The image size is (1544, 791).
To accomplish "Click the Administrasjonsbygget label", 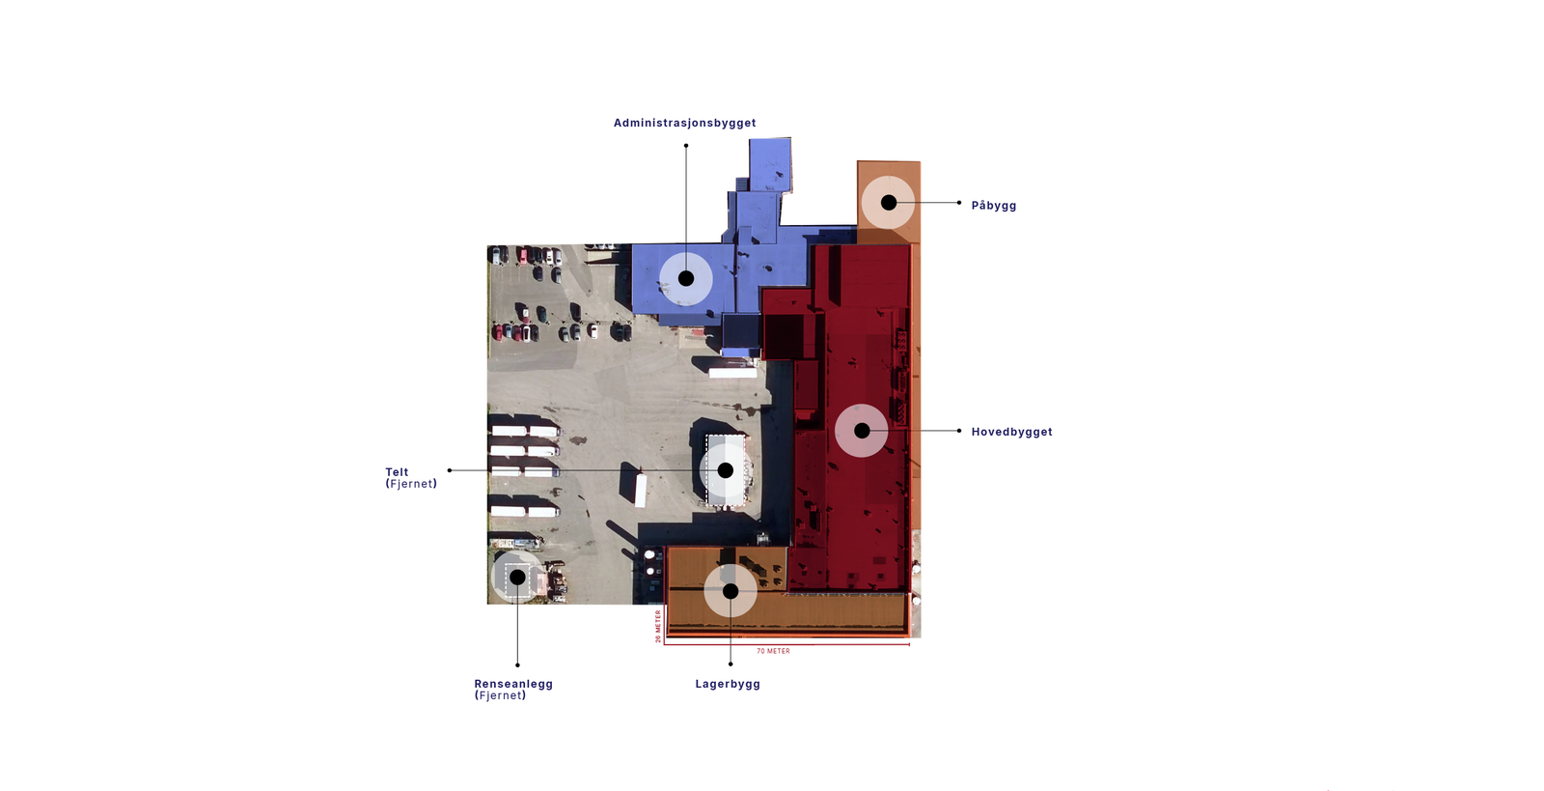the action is (x=684, y=123).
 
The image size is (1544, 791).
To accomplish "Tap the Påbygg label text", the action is (x=993, y=206).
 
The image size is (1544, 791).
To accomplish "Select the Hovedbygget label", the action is (x=1011, y=432).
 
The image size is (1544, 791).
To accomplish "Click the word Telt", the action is (x=397, y=471).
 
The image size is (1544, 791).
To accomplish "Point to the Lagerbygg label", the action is (x=728, y=684).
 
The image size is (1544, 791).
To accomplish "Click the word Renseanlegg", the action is (x=513, y=684).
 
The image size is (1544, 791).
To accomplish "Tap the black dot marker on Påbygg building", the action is (x=889, y=203).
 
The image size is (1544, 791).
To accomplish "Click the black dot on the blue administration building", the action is (x=686, y=278).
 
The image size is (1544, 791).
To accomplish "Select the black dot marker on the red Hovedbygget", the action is (x=862, y=431).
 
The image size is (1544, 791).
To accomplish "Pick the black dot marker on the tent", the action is (x=725, y=470).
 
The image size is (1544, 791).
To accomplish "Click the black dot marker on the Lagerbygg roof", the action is (x=731, y=591).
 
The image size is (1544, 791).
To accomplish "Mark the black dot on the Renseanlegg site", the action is (x=517, y=577).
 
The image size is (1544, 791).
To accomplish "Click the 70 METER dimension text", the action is (x=773, y=651).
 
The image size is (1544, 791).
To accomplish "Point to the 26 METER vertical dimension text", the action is (x=658, y=626).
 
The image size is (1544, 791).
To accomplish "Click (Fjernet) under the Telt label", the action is (x=411, y=484).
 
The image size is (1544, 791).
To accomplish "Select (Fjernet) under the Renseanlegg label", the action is (x=500, y=695).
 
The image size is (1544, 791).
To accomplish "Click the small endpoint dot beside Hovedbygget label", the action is (x=959, y=431).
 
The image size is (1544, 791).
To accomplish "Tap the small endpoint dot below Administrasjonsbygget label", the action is (x=686, y=146).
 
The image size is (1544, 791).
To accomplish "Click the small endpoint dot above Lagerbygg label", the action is (x=731, y=664).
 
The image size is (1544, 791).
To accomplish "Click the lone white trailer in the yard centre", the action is (x=641, y=490).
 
